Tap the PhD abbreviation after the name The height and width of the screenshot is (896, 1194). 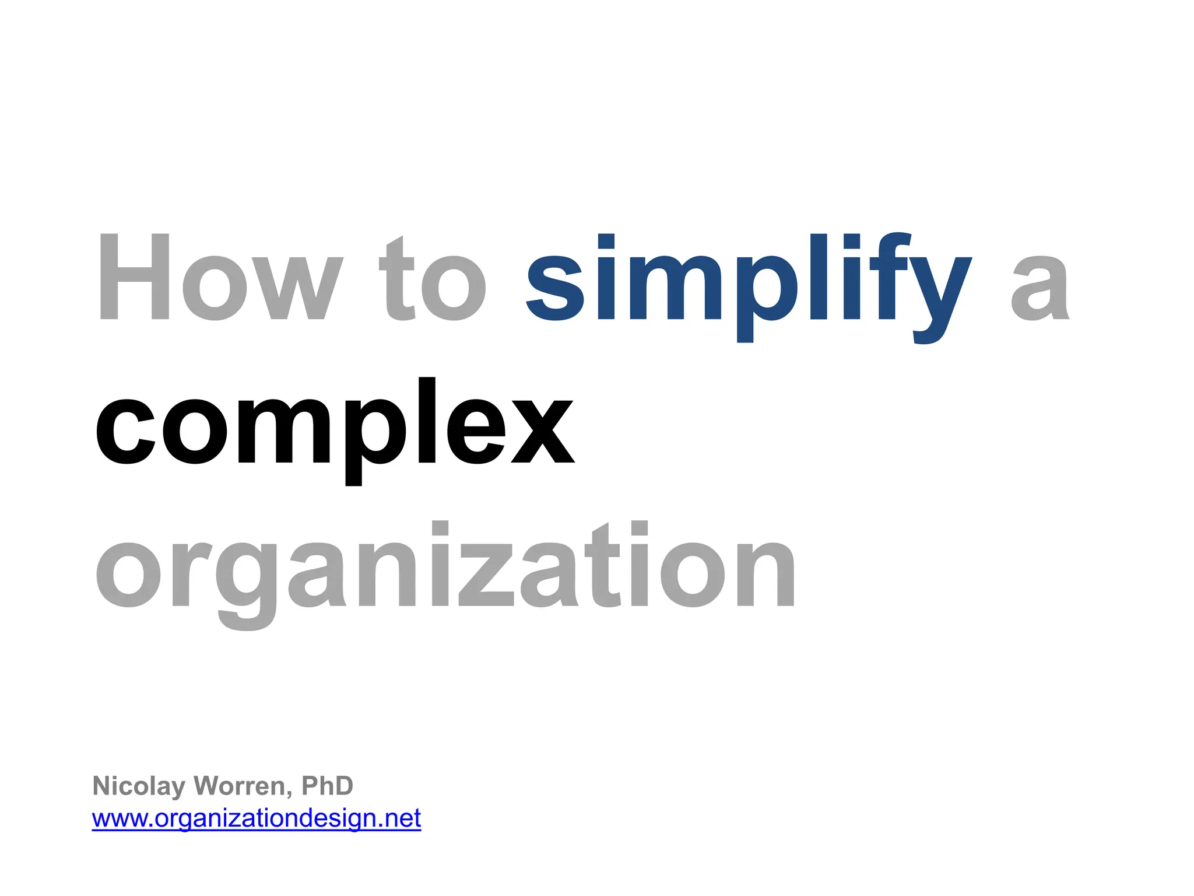pos(327,786)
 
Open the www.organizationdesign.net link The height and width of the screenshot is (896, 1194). pos(257,818)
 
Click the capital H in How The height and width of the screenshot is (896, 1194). pos(134,276)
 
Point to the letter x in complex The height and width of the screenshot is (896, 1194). pos(542,432)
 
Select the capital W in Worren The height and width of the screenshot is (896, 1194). pos(206,786)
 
